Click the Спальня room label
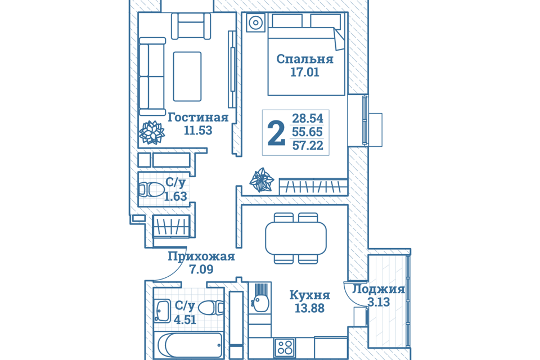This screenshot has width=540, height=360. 305,59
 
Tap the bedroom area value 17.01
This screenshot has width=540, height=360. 305,73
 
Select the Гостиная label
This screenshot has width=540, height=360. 198,118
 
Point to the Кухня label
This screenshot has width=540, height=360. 309,295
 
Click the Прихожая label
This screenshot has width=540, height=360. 201,256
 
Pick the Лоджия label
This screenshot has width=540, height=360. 379,289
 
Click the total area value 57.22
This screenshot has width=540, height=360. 308,145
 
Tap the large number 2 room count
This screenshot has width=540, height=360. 276,133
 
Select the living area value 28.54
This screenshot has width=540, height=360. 308,118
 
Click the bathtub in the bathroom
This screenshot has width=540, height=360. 190,345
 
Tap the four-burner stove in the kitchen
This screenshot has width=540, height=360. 285,347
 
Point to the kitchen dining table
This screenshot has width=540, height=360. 296,238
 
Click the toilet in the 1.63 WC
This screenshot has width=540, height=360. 151,189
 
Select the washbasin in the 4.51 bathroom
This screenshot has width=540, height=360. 162,310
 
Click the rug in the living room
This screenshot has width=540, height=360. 187,76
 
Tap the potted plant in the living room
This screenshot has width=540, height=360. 151,132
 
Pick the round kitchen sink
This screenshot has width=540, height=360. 260,304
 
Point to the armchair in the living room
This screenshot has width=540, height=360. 191,26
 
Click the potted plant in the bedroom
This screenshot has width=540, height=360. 262,180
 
